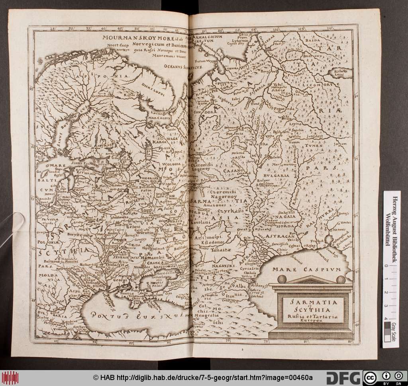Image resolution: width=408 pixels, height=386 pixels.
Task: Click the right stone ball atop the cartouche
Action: tap(341, 280)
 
